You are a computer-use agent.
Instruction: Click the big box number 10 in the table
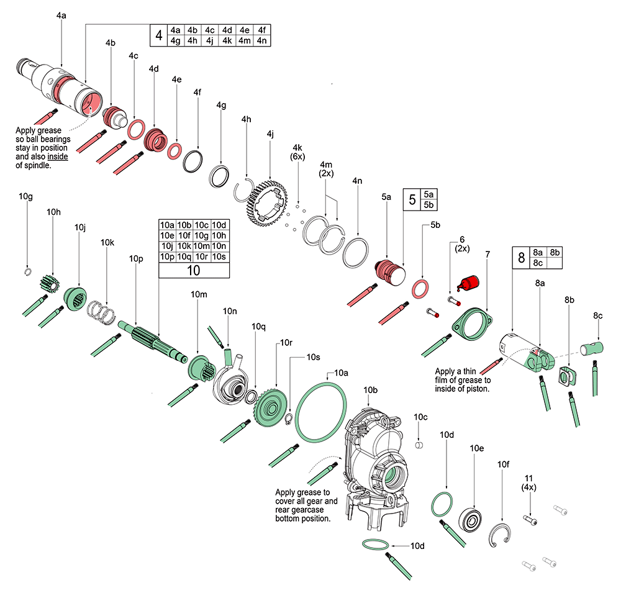pyautogui.click(x=193, y=270)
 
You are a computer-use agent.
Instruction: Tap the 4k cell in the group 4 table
pyautogui.click(x=227, y=40)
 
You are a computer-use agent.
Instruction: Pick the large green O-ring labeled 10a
pyautogui.click(x=320, y=412)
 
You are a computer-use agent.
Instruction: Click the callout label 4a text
pyautogui.click(x=61, y=14)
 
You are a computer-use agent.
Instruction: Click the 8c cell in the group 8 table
pyautogui.click(x=538, y=263)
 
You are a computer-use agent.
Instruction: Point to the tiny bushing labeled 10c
pyautogui.click(x=419, y=445)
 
